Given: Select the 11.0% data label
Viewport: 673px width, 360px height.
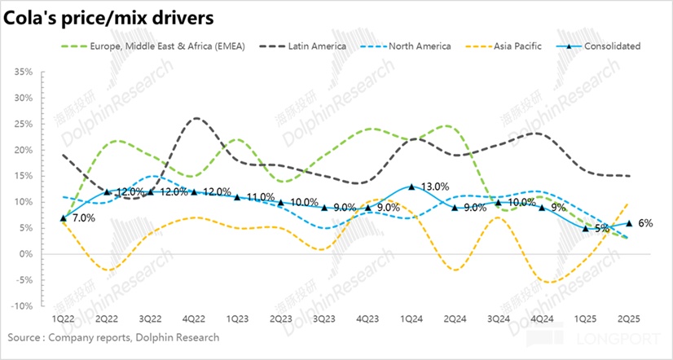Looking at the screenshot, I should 260,197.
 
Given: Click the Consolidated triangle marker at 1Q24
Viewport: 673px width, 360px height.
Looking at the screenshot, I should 413,187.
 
